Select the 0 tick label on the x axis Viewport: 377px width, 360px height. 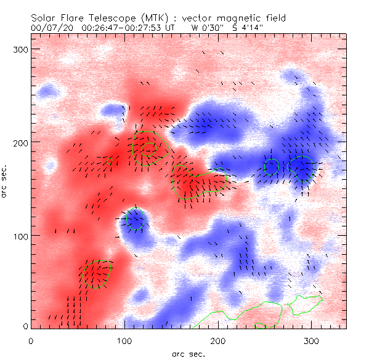(x=31, y=340)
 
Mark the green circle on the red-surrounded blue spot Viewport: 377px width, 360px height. (x=135, y=220)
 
